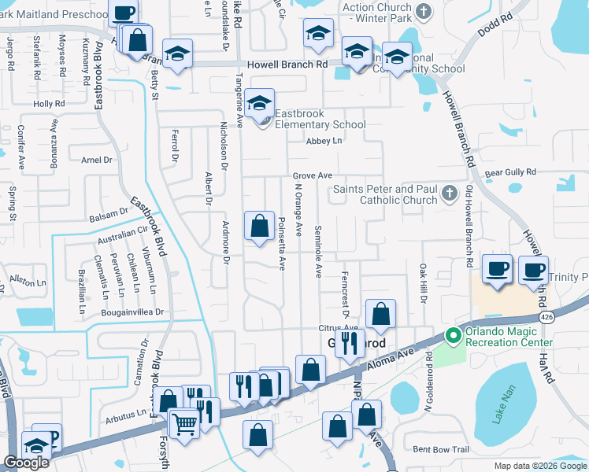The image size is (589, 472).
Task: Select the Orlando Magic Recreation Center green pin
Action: pyautogui.click(x=453, y=336)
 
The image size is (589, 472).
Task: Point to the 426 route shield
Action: pyautogui.click(x=546, y=315)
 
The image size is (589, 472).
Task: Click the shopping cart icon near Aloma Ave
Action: pyautogui.click(x=184, y=423)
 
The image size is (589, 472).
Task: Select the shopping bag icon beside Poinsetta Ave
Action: pyautogui.click(x=259, y=227)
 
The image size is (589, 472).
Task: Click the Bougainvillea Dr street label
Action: pyautogui.click(x=132, y=312)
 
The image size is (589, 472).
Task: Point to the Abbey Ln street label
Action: pyautogui.click(x=325, y=141)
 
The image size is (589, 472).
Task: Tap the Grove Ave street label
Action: pyautogui.click(x=313, y=175)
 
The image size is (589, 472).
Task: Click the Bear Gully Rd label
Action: pyautogui.click(x=510, y=171)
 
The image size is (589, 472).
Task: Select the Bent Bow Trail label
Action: pyautogui.click(x=441, y=449)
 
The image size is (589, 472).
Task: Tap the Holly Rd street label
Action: pyautogui.click(x=48, y=104)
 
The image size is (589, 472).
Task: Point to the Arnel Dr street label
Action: pyautogui.click(x=97, y=160)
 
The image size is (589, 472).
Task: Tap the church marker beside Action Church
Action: pyautogui.click(x=424, y=11)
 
